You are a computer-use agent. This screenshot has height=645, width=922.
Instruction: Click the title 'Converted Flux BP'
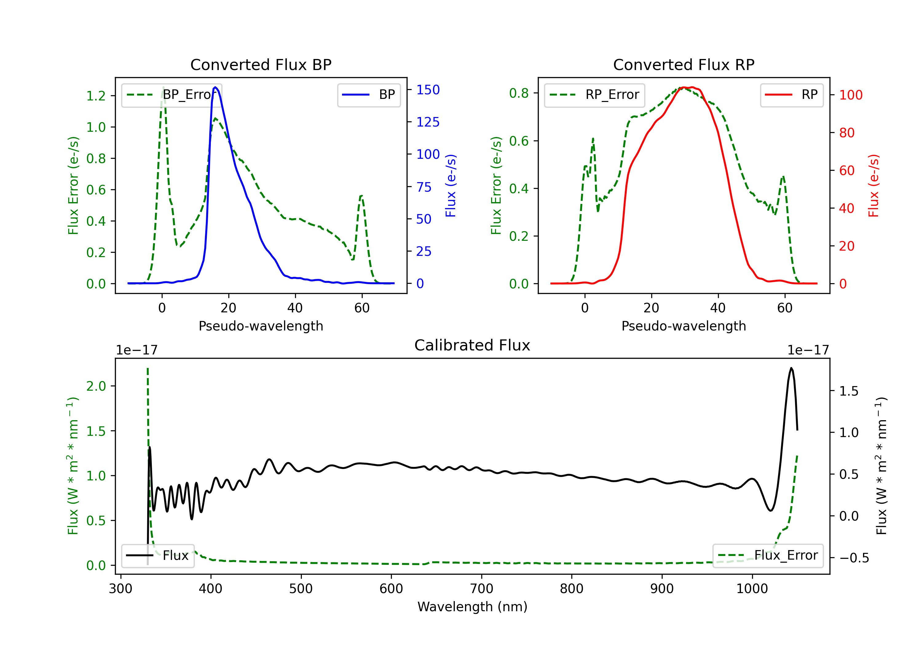pos(261,64)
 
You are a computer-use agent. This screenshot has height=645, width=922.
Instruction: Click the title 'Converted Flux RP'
pos(684,64)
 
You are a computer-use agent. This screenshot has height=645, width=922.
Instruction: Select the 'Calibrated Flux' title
pos(472,345)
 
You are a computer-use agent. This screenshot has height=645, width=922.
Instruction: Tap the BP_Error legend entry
pos(171,95)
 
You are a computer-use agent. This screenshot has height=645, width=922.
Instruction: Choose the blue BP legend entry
pos(368,95)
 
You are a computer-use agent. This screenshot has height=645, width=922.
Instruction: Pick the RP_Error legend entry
pos(594,95)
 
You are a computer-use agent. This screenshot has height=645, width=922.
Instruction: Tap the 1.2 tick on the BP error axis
pos(96,96)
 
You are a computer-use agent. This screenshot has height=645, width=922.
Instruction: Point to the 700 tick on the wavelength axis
pos(482,589)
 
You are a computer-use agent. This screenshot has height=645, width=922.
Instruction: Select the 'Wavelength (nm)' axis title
pos(472,607)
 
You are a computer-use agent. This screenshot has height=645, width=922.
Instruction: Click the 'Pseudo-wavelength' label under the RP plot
pos(684,326)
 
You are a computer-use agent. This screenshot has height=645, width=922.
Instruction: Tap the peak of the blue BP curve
pos(216,87)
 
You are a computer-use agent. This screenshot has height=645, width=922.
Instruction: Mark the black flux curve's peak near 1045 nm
pos(791,368)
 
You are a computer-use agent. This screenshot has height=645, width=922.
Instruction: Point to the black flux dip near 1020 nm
pos(770,510)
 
